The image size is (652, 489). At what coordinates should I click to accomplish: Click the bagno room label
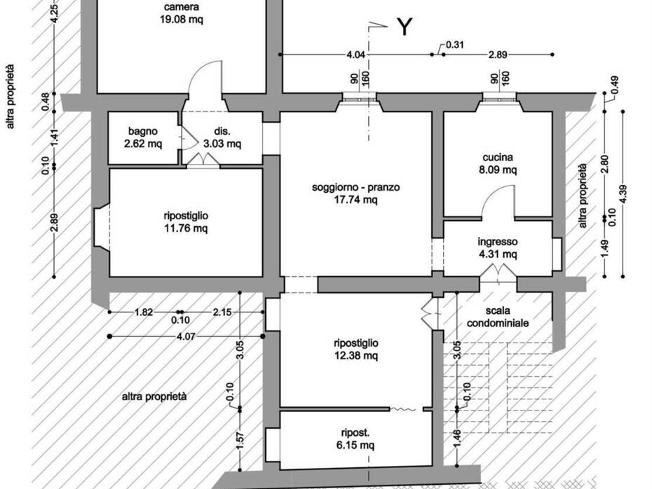(x=143, y=131)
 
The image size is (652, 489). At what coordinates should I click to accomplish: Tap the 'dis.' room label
(x=222, y=131)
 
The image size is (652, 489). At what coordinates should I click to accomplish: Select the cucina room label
(x=498, y=158)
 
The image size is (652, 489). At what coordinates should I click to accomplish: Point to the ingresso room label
(x=498, y=242)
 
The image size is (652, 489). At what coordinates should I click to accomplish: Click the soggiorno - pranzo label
(x=356, y=187)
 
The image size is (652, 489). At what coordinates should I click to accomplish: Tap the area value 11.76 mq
(x=186, y=228)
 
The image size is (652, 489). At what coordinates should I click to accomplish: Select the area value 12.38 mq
(x=356, y=356)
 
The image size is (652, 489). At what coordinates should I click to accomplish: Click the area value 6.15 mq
(x=355, y=446)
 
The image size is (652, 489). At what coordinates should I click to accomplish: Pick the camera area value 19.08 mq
(x=182, y=20)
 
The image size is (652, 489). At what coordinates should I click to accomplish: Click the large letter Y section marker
(x=405, y=27)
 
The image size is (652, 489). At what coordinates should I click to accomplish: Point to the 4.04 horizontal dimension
(x=356, y=55)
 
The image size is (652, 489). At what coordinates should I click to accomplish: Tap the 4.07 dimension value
(x=186, y=336)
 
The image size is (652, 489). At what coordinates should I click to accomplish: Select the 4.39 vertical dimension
(x=623, y=193)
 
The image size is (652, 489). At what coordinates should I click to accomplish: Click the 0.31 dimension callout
(x=455, y=44)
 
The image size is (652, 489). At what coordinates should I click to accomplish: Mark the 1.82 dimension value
(x=144, y=312)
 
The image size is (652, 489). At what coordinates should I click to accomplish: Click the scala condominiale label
(x=498, y=317)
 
